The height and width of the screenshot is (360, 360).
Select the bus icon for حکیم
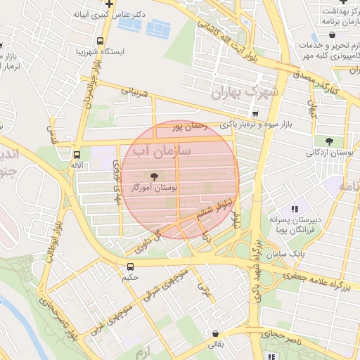[x=130, y=266]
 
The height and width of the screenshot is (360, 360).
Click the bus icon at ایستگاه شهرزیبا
[x=100, y=41]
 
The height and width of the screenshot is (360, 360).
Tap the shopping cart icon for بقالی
[x=214, y=334]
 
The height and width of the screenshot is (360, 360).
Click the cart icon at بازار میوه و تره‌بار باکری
[x=255, y=113]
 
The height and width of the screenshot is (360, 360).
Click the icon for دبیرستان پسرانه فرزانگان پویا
[x=295, y=209]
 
